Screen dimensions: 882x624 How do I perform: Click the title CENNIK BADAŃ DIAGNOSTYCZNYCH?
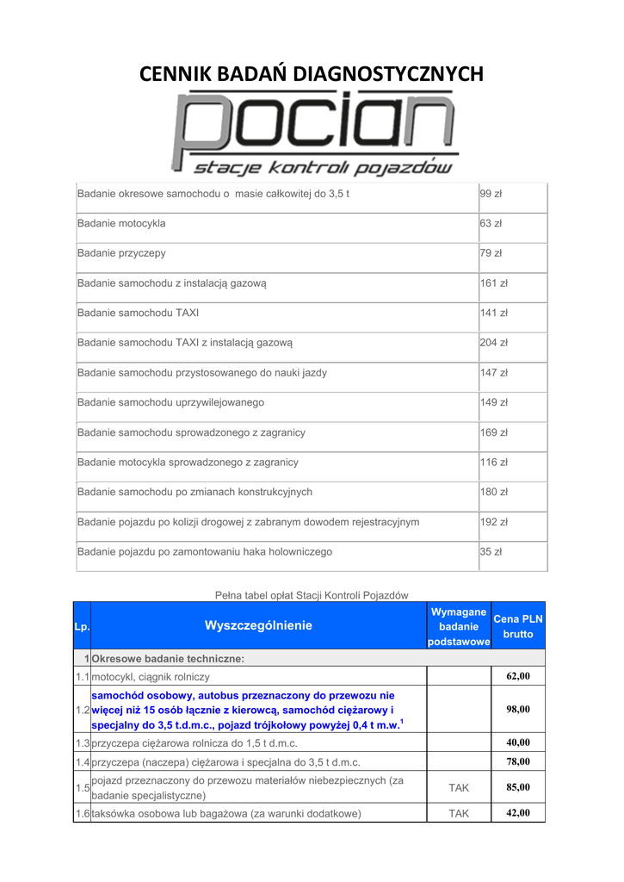(312, 74)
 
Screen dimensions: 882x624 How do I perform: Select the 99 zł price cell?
(491, 194)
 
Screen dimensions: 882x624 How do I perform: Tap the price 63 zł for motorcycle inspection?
(491, 223)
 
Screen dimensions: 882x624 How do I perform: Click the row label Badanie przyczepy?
(121, 253)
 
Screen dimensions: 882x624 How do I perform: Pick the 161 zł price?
(493, 283)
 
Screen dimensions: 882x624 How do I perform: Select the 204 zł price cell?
(493, 343)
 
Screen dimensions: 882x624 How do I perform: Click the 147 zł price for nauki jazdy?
(493, 373)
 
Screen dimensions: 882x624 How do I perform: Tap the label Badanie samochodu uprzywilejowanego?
(170, 402)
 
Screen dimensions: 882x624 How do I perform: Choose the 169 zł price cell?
(493, 432)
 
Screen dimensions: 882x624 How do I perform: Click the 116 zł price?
(493, 463)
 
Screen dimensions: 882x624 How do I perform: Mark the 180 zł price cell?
(493, 492)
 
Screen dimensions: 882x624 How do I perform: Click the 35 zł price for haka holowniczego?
(491, 551)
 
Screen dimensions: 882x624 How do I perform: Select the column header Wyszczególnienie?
(258, 625)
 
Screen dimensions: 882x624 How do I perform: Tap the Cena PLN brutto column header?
(518, 626)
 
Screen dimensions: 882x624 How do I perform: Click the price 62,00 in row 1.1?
(518, 676)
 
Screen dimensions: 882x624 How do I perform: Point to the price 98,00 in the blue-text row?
(518, 709)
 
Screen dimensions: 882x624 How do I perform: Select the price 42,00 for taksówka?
(518, 813)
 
